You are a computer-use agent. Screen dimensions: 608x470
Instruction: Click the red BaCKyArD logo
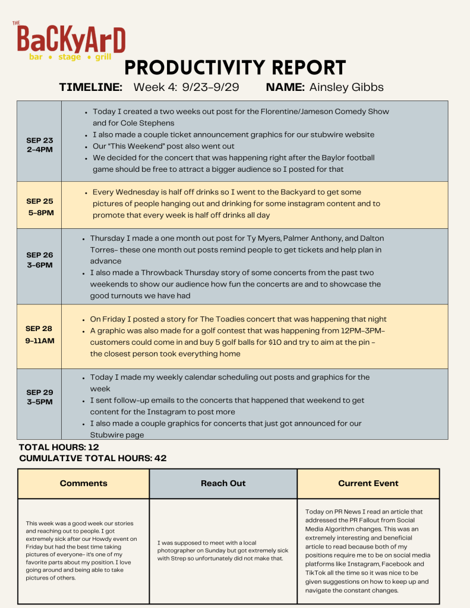(x=71, y=39)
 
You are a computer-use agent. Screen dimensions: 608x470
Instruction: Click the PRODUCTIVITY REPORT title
(x=235, y=68)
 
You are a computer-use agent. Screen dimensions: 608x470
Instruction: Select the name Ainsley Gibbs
(x=346, y=87)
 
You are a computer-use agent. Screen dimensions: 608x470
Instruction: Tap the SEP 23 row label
(x=39, y=145)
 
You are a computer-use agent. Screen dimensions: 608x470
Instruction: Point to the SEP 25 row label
(x=39, y=207)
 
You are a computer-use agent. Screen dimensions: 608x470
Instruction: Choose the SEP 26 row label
(x=39, y=260)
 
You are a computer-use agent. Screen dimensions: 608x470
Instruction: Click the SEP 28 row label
(x=39, y=335)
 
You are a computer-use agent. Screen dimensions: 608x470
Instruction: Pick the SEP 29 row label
(x=39, y=397)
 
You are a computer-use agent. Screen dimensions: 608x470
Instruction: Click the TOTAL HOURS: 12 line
(x=59, y=447)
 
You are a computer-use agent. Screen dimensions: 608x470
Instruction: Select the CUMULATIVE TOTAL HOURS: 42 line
(x=93, y=458)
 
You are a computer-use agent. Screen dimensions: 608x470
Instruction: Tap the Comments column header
(x=84, y=483)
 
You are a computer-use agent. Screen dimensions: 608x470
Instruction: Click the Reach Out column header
(x=223, y=483)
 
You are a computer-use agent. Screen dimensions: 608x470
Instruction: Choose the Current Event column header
(x=368, y=483)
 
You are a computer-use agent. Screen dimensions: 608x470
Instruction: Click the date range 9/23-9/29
(x=210, y=87)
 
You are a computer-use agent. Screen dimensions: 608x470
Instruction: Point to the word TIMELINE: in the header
(x=91, y=87)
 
